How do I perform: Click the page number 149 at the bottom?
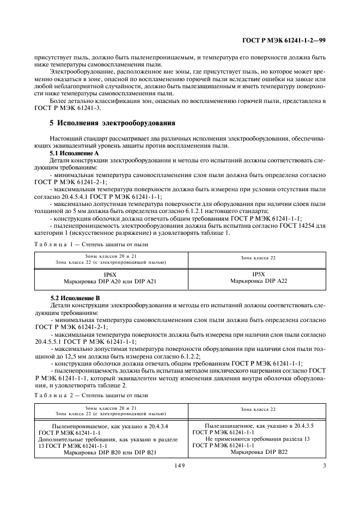pyautogui.click(x=180, y=465)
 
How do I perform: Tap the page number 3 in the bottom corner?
pyautogui.click(x=324, y=465)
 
